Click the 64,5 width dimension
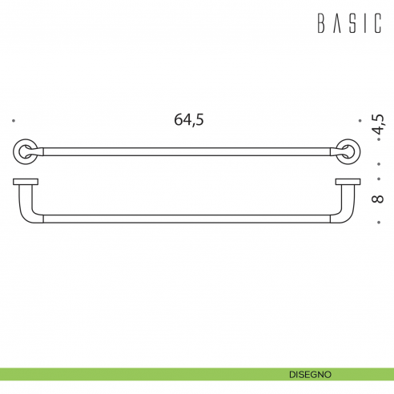point(189,120)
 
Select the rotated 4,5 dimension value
point(378,125)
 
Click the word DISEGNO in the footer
point(312,374)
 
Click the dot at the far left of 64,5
point(14,121)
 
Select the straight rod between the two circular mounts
point(186,150)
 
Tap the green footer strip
point(120,374)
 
